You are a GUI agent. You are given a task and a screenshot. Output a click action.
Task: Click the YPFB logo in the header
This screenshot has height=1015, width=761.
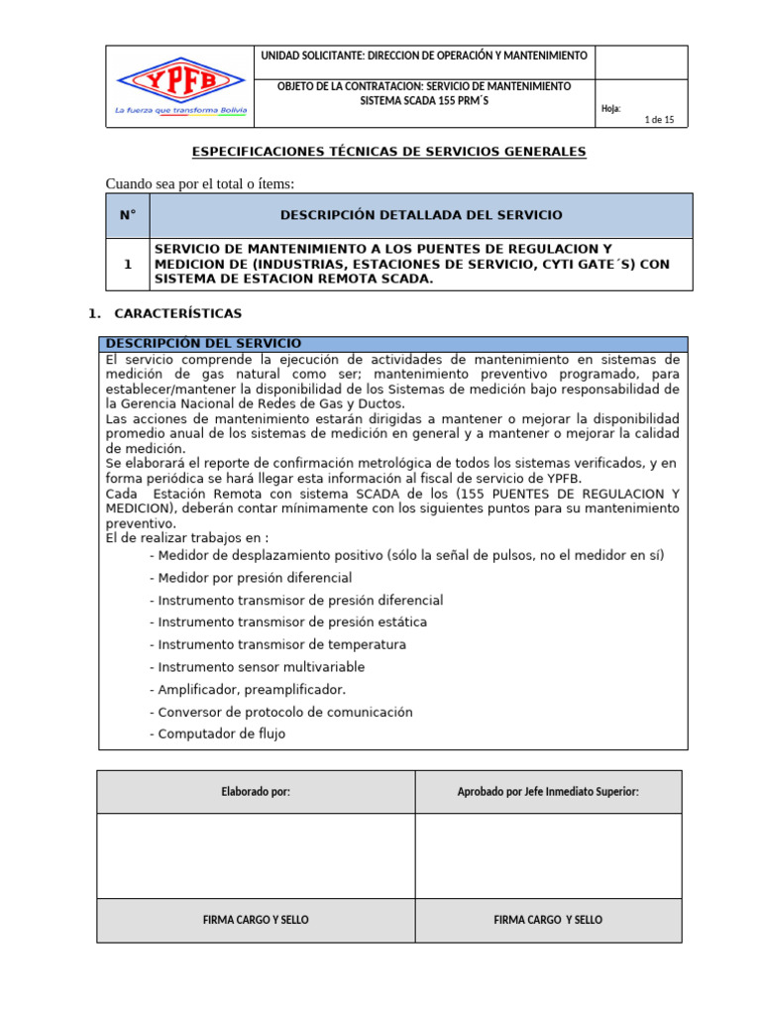tap(179, 78)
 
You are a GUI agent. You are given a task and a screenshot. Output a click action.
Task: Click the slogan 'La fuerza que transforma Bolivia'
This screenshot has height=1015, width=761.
tap(179, 111)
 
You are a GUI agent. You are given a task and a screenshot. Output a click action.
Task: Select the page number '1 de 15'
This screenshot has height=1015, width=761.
tap(659, 120)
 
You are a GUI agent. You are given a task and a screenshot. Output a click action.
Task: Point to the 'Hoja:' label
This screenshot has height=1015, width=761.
tap(610, 108)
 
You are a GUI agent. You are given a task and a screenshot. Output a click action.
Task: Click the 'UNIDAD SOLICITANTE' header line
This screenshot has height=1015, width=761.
tap(423, 56)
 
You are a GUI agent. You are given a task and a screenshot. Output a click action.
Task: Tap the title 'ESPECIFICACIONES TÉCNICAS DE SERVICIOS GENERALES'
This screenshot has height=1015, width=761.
tap(388, 152)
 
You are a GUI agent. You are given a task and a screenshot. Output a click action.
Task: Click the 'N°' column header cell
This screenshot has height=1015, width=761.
tap(127, 215)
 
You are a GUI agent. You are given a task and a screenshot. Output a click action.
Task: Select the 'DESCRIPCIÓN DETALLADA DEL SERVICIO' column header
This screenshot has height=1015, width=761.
tap(421, 215)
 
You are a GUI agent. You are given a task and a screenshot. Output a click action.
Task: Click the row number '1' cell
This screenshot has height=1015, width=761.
tap(127, 265)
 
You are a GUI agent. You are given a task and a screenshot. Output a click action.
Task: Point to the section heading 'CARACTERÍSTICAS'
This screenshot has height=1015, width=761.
tap(177, 313)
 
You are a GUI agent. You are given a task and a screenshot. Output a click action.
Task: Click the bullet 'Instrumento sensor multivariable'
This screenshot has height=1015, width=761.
tap(257, 667)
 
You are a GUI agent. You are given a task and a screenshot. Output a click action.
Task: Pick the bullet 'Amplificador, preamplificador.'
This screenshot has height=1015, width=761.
tap(248, 690)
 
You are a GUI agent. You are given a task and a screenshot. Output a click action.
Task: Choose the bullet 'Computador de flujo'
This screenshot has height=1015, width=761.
tap(217, 734)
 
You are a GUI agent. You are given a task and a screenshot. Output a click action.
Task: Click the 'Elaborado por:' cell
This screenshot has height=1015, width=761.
tap(256, 792)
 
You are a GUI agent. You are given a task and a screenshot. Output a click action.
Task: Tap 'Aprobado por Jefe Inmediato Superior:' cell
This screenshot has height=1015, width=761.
tap(548, 792)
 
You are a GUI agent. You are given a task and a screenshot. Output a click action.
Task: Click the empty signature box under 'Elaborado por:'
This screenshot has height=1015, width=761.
tap(256, 855)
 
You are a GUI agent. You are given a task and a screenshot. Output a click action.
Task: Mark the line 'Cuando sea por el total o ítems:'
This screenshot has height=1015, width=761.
tap(200, 183)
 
